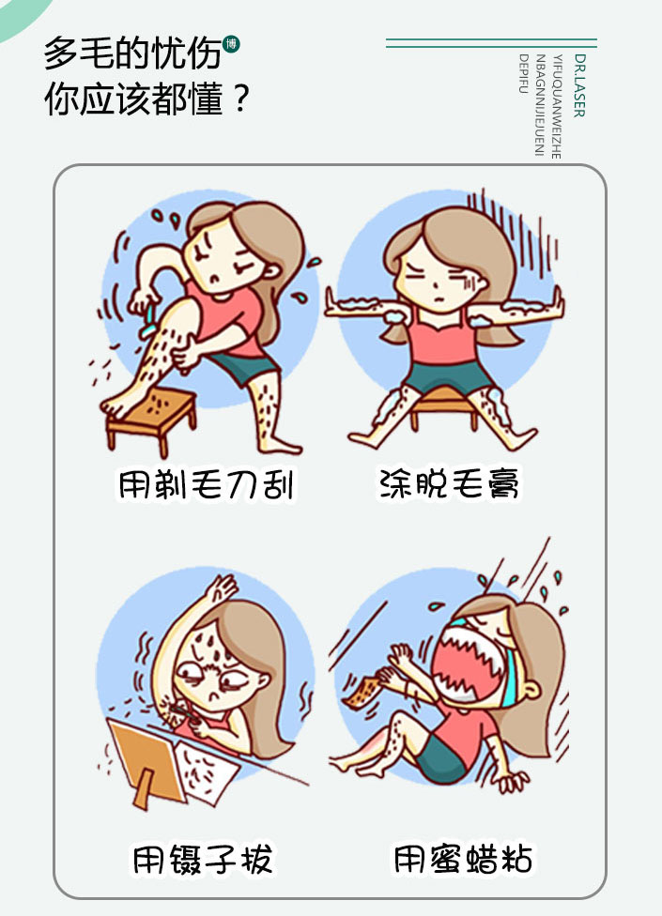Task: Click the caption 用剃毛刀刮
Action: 207,484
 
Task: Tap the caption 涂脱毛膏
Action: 449,483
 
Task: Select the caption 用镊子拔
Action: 203,860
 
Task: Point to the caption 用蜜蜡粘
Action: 463,859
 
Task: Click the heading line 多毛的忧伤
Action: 132,53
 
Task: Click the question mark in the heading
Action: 240,99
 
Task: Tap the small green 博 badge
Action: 231,44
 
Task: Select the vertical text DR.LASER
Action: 579,85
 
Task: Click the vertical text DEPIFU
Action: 524,73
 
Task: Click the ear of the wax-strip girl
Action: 531,689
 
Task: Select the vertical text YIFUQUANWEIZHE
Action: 557,106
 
